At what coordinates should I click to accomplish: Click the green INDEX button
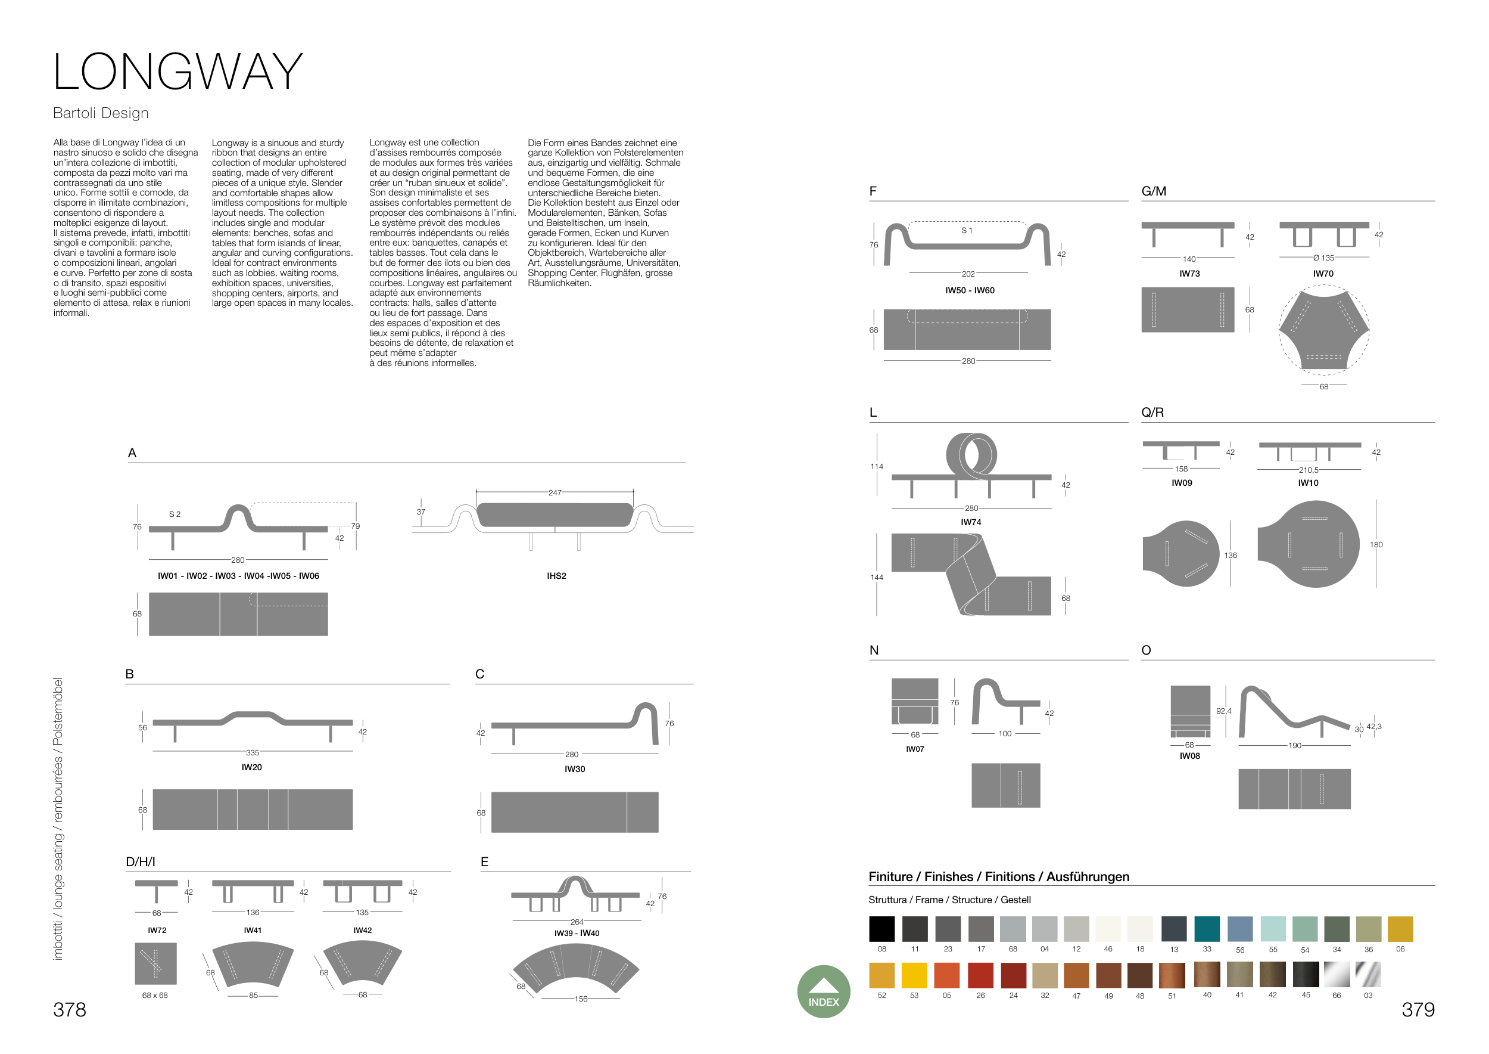823,991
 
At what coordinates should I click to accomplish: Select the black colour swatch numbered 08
881,929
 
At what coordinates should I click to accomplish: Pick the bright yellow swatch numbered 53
914,975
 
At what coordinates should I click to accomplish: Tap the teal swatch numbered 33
1206,929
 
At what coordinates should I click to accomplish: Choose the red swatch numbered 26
980,975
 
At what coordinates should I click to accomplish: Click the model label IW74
971,522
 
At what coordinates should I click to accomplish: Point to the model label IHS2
556,576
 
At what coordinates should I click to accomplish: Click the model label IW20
251,767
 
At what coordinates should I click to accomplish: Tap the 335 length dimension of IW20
253,753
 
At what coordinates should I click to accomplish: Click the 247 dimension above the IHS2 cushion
555,492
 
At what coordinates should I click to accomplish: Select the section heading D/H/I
140,862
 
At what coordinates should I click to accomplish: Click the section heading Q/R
1152,412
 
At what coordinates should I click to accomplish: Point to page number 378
70,1009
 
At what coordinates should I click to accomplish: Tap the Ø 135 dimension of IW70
1323,258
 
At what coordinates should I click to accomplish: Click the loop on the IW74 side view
971,454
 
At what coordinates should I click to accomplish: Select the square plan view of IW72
155,964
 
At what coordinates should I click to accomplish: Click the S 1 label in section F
966,230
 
